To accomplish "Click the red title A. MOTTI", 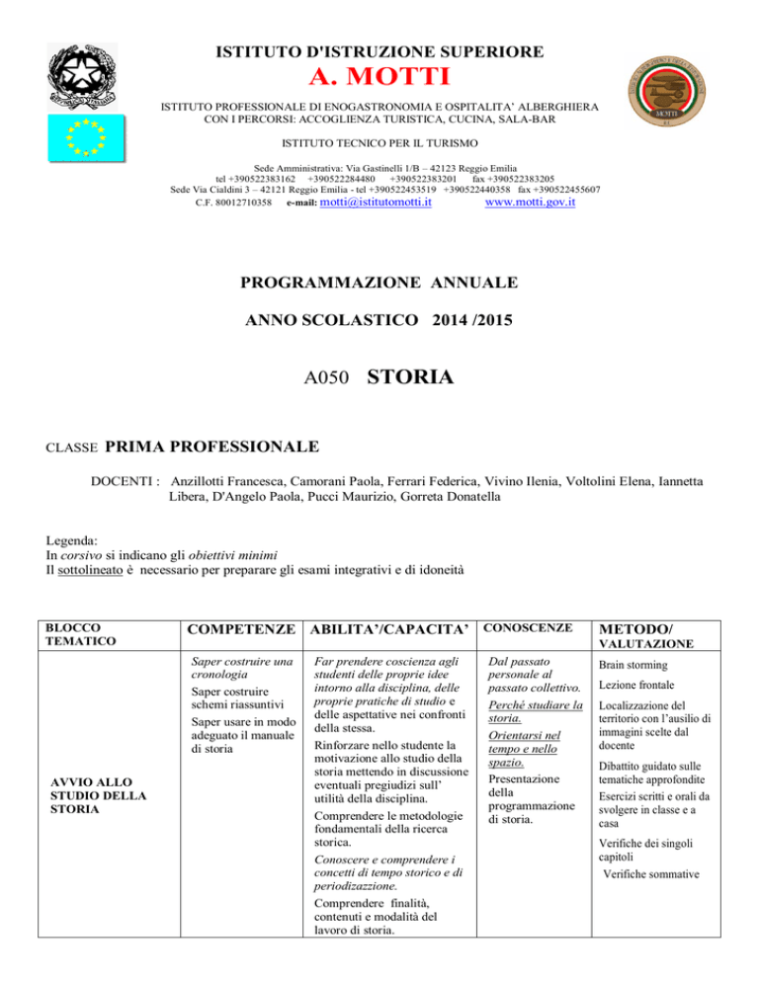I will click(x=379, y=76).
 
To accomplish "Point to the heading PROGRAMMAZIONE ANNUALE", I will click(x=379, y=284).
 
